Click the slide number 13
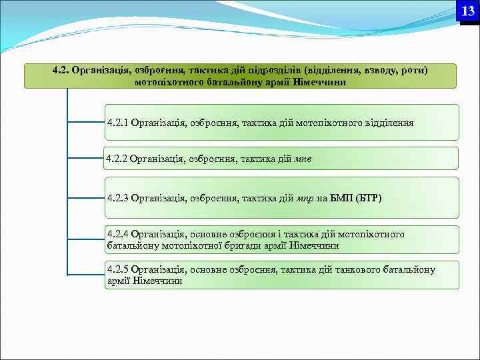click(468, 11)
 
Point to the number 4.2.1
click(118, 123)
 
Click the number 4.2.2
click(117, 159)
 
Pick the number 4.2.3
click(118, 198)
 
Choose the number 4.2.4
click(118, 234)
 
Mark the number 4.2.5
click(118, 269)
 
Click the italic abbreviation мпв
click(303, 159)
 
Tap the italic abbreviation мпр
click(304, 198)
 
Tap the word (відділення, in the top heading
click(335, 70)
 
